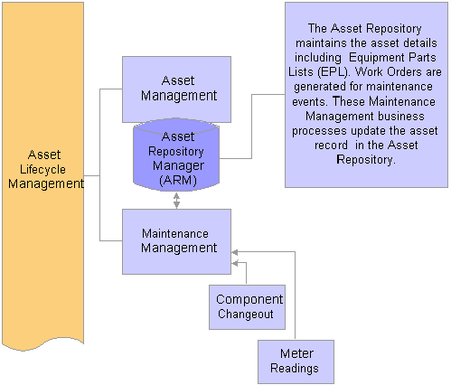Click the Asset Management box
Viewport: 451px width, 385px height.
pos(176,89)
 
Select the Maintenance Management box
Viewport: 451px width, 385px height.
pos(176,241)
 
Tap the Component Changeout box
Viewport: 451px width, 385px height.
pos(247,307)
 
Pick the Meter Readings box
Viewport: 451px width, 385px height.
pos(296,362)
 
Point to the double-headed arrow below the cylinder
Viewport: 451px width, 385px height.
pos(176,201)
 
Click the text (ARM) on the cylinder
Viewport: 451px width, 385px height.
pos(178,181)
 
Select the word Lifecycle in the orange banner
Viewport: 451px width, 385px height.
pos(42,170)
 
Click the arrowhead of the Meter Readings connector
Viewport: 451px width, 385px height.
pos(234,252)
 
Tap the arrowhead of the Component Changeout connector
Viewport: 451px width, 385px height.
pos(234,263)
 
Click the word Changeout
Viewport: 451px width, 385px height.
pos(246,315)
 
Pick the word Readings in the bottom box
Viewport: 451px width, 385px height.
pos(295,369)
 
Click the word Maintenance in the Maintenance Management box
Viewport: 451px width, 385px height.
pos(175,234)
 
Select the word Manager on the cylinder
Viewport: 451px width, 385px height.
pos(178,166)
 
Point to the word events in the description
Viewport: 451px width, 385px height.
pos(310,101)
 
